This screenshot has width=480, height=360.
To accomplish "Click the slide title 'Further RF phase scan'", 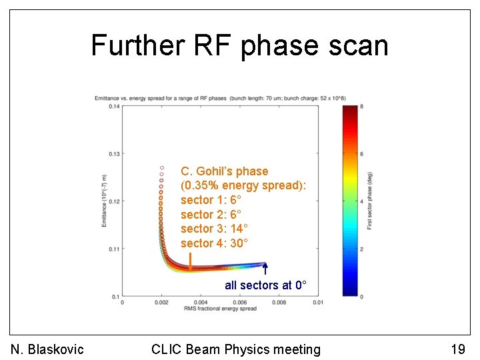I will coord(239,45).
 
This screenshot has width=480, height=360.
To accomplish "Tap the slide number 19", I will coord(457,349).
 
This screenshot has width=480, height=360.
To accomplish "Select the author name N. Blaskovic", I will coord(47,349).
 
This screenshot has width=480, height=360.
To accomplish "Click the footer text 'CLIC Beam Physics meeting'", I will coord(236,349).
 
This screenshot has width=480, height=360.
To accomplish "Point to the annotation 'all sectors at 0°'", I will coord(265,285).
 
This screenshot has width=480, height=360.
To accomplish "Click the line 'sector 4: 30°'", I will coord(214,243).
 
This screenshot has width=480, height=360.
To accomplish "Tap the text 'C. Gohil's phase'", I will coord(224,171).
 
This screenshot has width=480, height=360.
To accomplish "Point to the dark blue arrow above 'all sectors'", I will coord(265,269).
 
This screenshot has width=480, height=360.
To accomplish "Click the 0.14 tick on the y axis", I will coord(113,106).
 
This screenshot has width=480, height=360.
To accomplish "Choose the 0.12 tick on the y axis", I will coord(113,201).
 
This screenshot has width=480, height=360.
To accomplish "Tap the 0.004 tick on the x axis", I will coord(201,302).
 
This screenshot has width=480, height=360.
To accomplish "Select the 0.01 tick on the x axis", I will coord(318,302).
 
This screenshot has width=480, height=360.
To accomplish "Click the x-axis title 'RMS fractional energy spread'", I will coord(220,309).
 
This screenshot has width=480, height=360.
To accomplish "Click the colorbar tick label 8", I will coord(361,107).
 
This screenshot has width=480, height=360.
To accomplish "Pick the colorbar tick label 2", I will coord(361,249).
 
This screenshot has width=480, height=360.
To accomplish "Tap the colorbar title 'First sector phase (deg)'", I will coord(369,201).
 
